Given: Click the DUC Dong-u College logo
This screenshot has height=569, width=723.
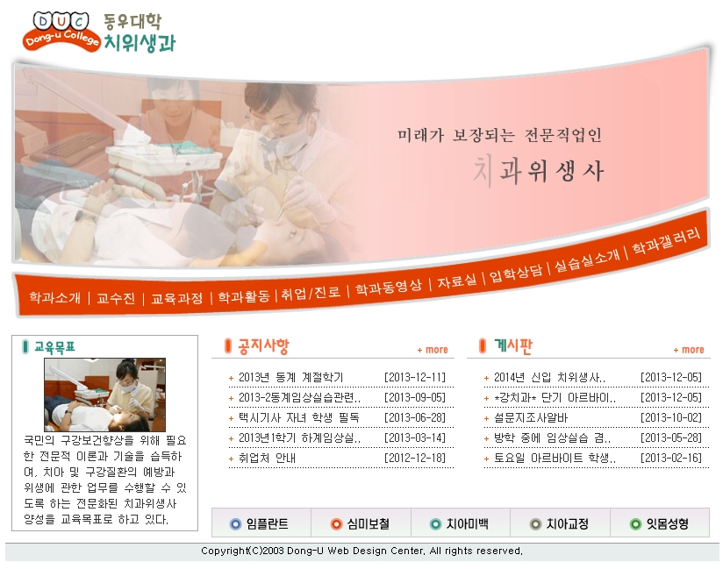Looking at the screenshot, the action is pyautogui.click(x=61, y=32).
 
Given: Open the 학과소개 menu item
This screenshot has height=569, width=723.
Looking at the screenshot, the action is pyautogui.click(x=55, y=297).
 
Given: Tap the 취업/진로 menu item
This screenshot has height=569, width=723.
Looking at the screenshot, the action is pyautogui.click(x=311, y=293).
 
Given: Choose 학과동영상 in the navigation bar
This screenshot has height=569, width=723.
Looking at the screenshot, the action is pyautogui.click(x=388, y=288).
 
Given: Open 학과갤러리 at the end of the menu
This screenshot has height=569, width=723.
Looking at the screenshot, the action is pyautogui.click(x=666, y=241).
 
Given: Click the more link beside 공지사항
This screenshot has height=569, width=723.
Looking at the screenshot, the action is pyautogui.click(x=433, y=350).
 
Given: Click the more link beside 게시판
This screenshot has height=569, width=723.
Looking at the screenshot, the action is pyautogui.click(x=689, y=350).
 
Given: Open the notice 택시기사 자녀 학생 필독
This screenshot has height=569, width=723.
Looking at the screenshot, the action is pyautogui.click(x=298, y=418).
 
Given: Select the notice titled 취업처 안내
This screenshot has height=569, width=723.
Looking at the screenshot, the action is pyautogui.click(x=267, y=458).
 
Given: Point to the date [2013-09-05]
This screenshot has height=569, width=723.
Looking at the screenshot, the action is pyautogui.click(x=415, y=398).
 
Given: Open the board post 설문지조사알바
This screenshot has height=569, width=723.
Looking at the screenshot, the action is pyautogui.click(x=531, y=418).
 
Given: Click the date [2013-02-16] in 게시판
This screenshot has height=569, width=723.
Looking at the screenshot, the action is pyautogui.click(x=671, y=458).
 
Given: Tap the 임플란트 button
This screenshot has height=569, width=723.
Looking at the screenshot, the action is pyautogui.click(x=261, y=523).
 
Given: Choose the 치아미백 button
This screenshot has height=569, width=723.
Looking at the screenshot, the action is pyautogui.click(x=460, y=523).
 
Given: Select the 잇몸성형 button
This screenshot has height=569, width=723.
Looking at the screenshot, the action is pyautogui.click(x=660, y=523).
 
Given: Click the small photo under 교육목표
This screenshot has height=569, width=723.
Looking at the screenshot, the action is pyautogui.click(x=104, y=395).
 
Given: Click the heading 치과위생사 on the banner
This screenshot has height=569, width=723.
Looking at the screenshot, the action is pyautogui.click(x=539, y=171).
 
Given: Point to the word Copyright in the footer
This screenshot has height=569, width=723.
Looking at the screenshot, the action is pyautogui.click(x=224, y=551).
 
